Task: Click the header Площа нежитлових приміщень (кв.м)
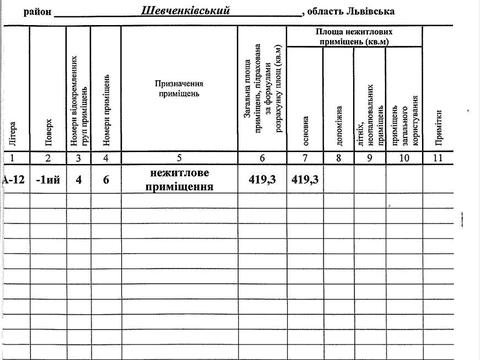349,38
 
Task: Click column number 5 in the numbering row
179,158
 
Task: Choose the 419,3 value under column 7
305,179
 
